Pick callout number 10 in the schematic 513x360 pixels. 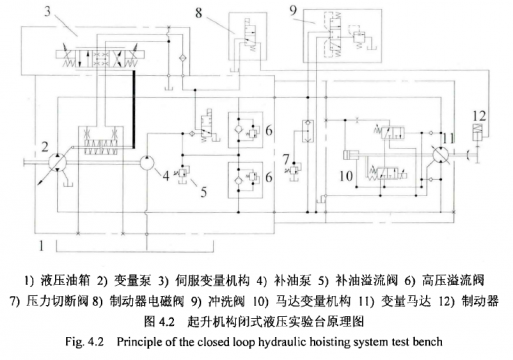[x=345, y=180]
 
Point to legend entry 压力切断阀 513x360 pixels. [x=57, y=300]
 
